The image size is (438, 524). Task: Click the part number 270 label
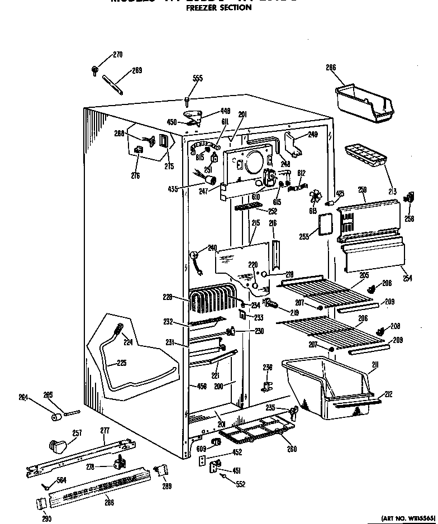(x=117, y=55)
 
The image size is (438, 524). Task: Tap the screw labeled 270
(x=96, y=70)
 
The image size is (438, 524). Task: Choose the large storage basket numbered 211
(x=327, y=388)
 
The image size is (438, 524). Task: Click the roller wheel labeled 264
(x=56, y=417)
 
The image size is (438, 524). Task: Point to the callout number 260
(x=292, y=449)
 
